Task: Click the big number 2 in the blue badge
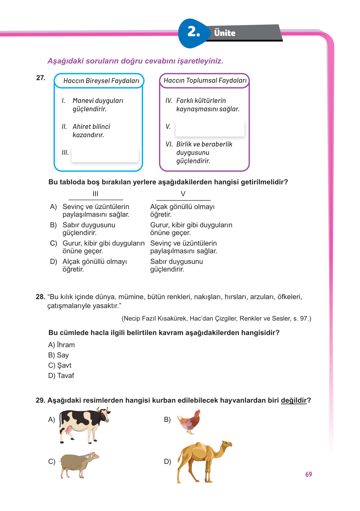[193, 32]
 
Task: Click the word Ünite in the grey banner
[225, 33]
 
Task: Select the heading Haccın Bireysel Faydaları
[101, 81]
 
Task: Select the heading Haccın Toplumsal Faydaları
[205, 80]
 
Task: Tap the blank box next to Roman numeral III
[105, 155]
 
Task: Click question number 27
[41, 78]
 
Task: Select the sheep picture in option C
[78, 464]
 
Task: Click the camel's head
[227, 444]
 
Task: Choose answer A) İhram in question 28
[62, 345]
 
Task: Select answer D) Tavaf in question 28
[61, 376]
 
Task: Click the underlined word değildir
[294, 400]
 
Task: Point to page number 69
[308, 474]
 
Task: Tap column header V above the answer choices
[183, 194]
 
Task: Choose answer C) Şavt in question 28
[60, 365]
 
